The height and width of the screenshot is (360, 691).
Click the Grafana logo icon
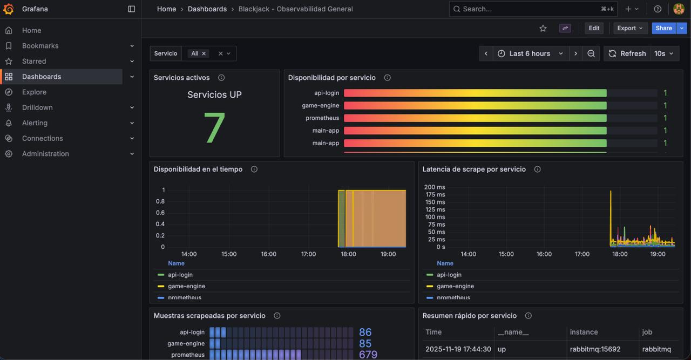8,9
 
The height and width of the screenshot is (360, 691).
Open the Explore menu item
34,92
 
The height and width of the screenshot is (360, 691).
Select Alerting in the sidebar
35,123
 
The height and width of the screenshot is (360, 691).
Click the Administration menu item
45,154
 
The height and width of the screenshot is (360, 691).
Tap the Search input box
533,9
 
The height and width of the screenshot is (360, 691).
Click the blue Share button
663,28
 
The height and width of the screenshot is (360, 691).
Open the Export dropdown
629,28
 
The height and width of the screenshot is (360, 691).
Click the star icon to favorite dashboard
543,29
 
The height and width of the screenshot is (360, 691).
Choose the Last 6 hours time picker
531,53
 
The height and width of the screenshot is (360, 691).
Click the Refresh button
627,53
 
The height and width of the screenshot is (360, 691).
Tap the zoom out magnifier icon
591,53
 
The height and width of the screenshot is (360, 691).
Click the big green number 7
214,127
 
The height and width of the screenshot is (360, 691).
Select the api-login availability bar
475,93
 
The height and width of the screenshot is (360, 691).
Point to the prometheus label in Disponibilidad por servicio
322,118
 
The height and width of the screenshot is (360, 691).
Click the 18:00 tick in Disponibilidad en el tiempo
348,254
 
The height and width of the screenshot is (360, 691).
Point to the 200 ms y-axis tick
435,187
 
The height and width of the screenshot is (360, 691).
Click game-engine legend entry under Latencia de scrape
455,286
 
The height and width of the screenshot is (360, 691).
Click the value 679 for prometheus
368,355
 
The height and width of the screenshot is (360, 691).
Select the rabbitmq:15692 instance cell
595,349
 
